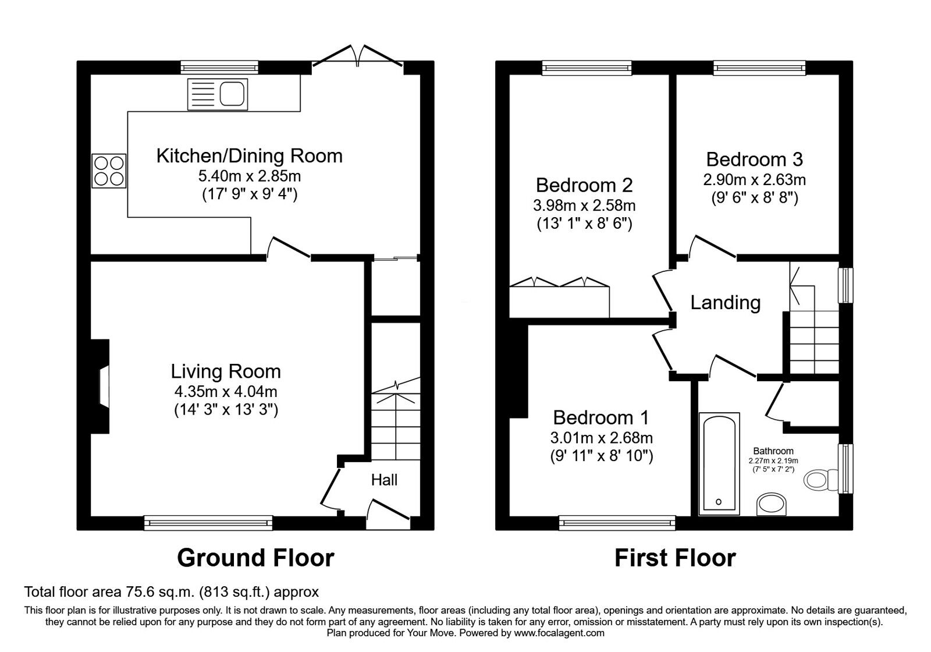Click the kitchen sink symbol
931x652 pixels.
click(x=217, y=94)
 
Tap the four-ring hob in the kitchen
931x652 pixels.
click(x=109, y=171)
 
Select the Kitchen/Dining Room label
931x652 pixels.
click(x=249, y=156)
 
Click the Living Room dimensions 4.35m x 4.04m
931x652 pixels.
click(x=226, y=391)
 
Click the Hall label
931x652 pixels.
click(x=384, y=480)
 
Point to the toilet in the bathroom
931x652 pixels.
click(x=819, y=480)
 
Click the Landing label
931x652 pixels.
click(x=725, y=303)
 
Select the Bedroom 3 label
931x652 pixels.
click(x=754, y=159)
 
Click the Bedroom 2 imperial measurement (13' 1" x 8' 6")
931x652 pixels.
click(x=584, y=224)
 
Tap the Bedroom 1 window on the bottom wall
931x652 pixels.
click(x=617, y=522)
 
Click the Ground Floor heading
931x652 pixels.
click(x=255, y=558)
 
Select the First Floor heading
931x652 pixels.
click(x=675, y=558)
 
